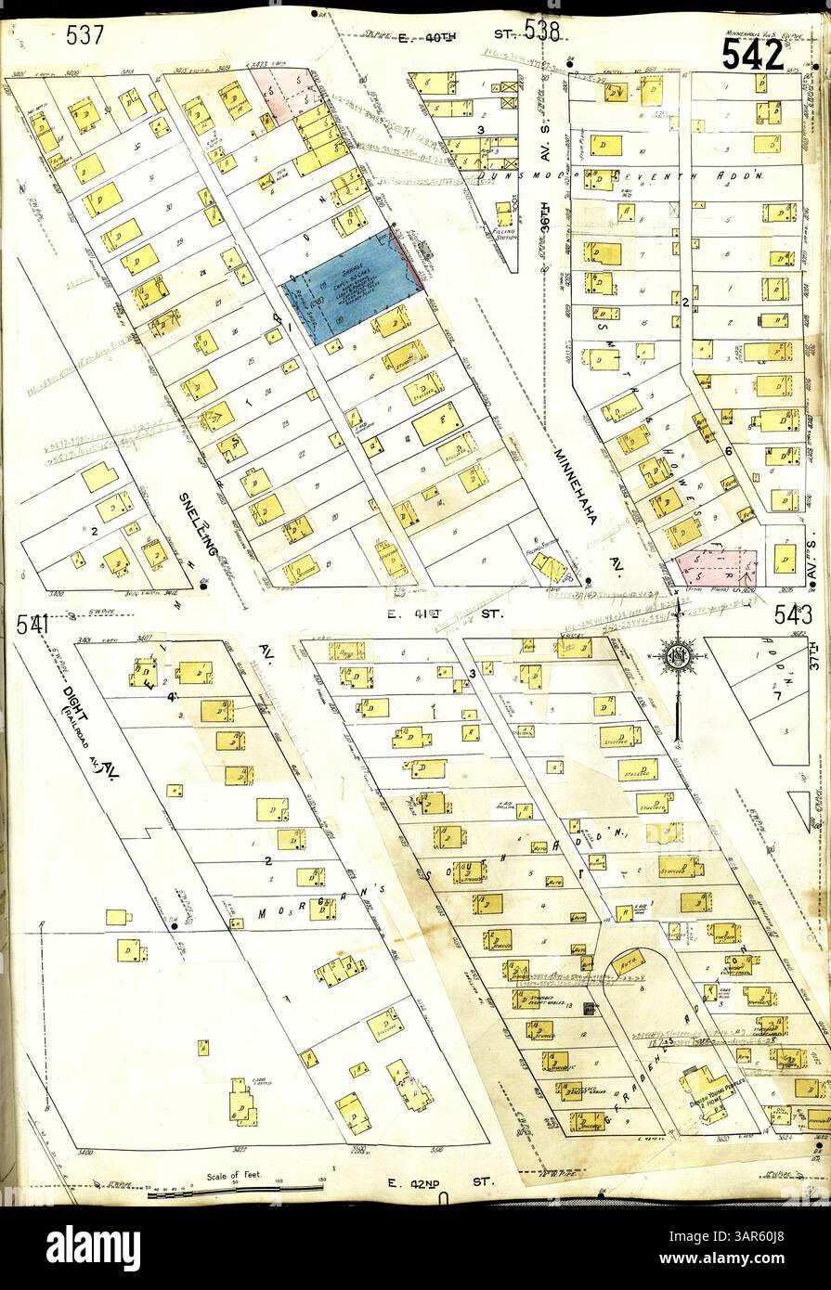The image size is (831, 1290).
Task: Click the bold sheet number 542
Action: coord(752,57)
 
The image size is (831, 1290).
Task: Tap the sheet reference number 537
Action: coord(84,36)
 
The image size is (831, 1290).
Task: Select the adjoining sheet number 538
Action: coord(541,32)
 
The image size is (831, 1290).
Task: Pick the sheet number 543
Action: coord(791,614)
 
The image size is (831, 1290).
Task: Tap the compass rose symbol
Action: coord(678,655)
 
